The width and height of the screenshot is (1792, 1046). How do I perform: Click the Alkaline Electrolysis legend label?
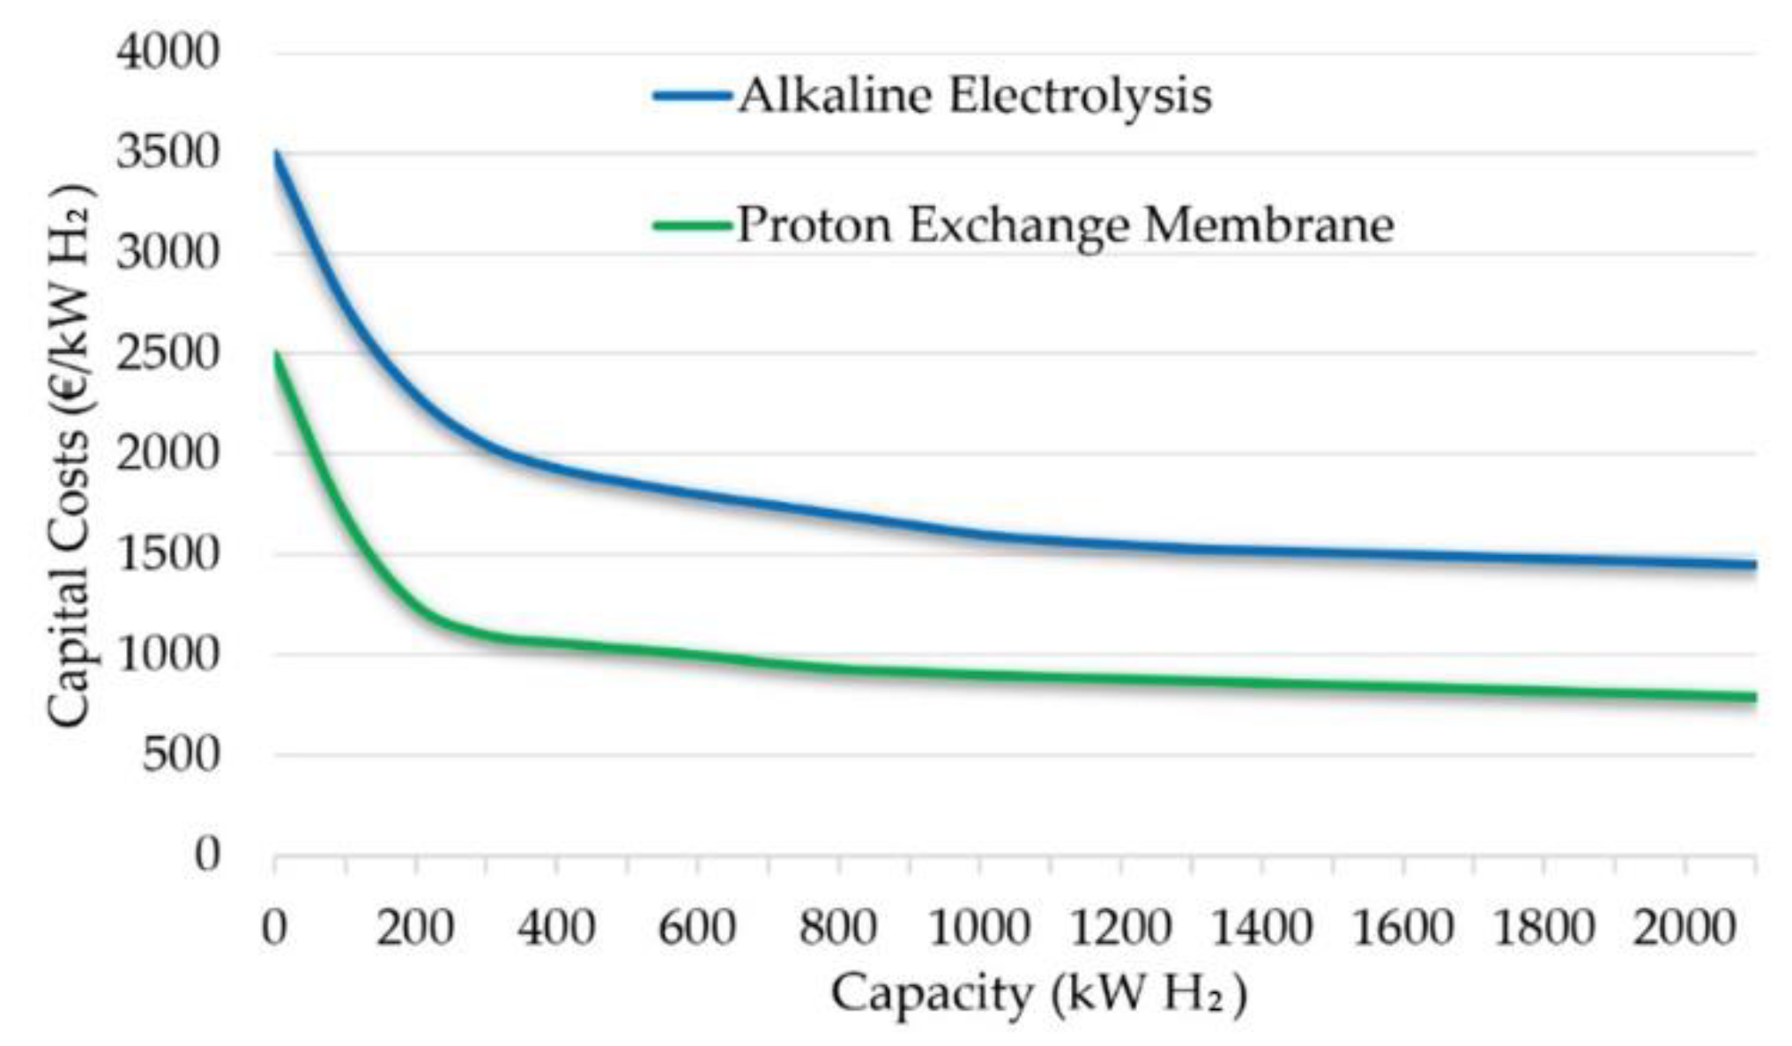click(x=974, y=95)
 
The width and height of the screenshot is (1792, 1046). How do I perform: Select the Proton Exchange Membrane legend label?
click(x=1065, y=225)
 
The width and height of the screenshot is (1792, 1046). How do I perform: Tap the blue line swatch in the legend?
click(x=692, y=95)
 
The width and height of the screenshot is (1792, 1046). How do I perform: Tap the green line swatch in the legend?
click(x=692, y=225)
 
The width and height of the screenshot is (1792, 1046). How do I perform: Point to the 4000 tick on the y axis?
click(x=167, y=52)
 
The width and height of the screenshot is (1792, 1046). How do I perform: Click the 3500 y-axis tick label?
click(x=167, y=152)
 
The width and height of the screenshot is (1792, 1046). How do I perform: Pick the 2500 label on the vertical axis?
click(x=167, y=353)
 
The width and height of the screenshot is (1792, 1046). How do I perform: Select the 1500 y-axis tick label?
click(x=167, y=554)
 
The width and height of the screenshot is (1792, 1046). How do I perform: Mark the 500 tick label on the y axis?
click(x=181, y=755)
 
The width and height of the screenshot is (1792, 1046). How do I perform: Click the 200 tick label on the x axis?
click(x=415, y=928)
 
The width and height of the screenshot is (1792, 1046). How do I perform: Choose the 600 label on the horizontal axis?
click(x=697, y=928)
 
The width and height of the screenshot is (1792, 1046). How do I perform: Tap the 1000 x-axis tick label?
click(x=979, y=928)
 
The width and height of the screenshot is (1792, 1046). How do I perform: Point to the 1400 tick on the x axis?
click(x=1261, y=928)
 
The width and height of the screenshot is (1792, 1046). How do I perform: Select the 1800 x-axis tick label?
click(x=1543, y=928)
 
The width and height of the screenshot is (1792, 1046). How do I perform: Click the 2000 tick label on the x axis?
click(x=1684, y=928)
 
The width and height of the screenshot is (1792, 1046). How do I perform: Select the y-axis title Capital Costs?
click(x=71, y=458)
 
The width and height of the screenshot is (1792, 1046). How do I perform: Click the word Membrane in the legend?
click(x=1269, y=225)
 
